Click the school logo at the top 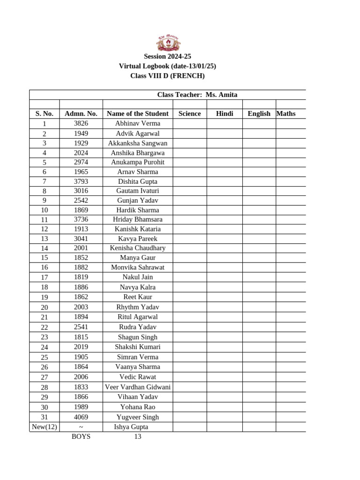point(167,43)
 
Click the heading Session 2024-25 point(167,56)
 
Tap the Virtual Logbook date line point(167,66)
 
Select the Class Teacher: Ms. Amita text point(197,95)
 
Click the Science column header point(189,113)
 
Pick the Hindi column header point(225,113)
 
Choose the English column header point(259,113)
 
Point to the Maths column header point(286,113)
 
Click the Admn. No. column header point(81,113)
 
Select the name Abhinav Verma point(137,123)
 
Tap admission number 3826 point(81,123)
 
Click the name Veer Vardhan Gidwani point(137,387)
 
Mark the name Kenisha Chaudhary point(137,248)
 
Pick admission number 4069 point(81,417)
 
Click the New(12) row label point(44,427)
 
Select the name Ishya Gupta point(131,427)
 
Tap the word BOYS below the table point(81,436)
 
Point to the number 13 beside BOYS point(137,436)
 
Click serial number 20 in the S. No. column point(44,307)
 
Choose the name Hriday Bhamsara point(137,219)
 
